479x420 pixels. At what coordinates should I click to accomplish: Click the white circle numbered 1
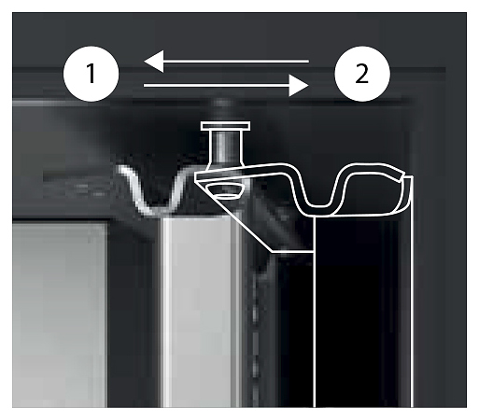[x=92, y=74]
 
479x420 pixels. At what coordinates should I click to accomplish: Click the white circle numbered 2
[x=362, y=74]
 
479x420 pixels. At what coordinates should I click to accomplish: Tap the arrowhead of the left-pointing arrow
[x=154, y=61]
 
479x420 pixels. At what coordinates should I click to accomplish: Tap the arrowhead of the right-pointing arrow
[x=299, y=85]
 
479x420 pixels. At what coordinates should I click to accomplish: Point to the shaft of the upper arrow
[x=236, y=61]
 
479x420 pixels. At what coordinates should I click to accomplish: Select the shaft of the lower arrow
[x=217, y=85]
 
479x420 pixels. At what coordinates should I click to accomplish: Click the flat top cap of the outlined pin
[x=226, y=126]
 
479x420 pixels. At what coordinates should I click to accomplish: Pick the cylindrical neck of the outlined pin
[x=225, y=149]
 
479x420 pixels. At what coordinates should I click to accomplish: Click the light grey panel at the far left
[x=59, y=315]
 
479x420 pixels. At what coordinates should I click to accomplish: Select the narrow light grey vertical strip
[x=199, y=311]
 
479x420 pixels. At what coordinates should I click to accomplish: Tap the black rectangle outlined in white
[x=362, y=311]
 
